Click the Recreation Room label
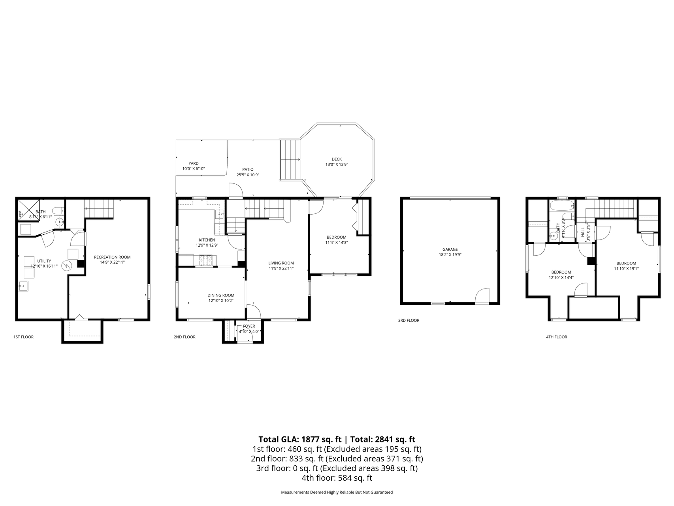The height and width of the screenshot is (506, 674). point(112,257)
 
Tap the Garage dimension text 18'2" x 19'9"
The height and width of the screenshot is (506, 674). point(450,255)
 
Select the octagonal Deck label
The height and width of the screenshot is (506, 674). point(337,159)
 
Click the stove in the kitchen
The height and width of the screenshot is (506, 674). point(205,260)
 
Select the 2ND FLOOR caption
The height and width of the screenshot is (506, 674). point(185,337)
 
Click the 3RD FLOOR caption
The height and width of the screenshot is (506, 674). point(409,321)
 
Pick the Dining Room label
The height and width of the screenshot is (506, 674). point(221,295)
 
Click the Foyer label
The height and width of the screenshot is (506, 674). point(249,326)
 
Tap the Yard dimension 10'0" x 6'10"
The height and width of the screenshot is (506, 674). point(194,169)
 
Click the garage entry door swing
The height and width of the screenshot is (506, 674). point(483,296)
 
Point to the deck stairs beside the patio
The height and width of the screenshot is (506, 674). point(290,159)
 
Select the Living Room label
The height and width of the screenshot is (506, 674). point(281,263)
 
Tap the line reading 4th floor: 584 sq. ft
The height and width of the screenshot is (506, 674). point(337,478)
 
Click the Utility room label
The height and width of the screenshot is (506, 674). point(44,261)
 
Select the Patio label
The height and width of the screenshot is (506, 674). point(248,169)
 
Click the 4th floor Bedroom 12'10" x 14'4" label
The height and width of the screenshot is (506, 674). point(561,272)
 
